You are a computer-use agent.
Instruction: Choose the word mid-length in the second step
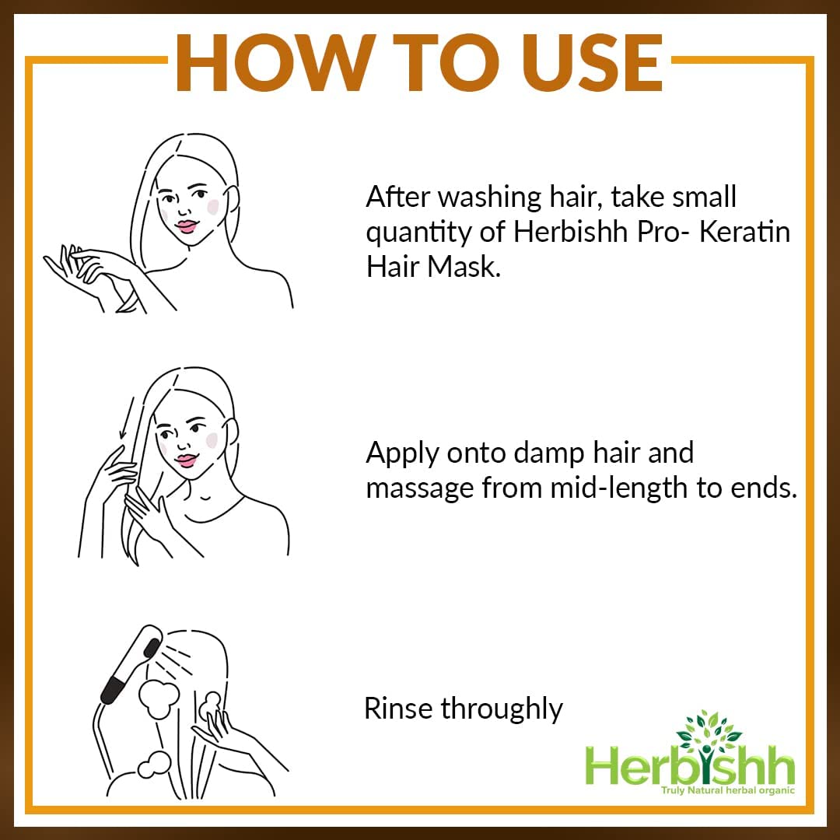pos(614,488)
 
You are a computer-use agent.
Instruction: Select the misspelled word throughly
pos(502,709)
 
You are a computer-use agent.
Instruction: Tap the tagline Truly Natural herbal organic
pos(727,790)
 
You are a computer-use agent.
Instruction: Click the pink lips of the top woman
pos(187,226)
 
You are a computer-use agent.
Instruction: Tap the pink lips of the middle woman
pos(185,460)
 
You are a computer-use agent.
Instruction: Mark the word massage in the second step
pos(420,489)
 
